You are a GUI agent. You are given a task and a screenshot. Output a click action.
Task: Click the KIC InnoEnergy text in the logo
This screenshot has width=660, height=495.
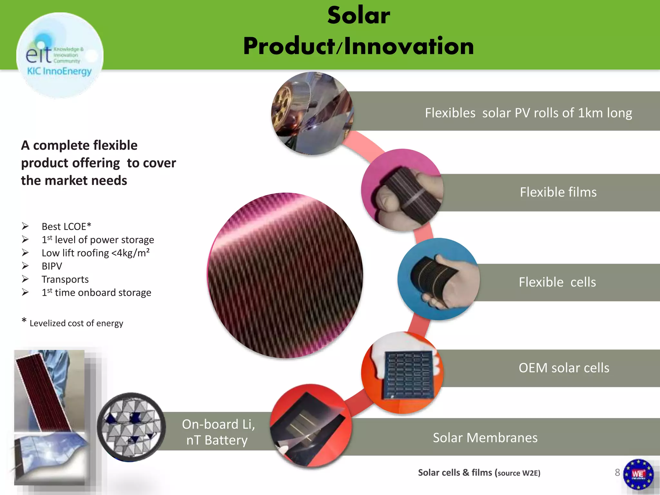coord(59,71)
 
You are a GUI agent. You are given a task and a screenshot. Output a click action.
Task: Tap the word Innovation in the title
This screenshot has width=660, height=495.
coord(409,46)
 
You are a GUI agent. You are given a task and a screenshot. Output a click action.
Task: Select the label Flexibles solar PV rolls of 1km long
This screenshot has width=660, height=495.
coord(528,113)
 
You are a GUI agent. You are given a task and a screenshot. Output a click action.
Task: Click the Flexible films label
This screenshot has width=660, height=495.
coord(558,192)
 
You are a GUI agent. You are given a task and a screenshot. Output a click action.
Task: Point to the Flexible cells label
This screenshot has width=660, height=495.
coord(557,282)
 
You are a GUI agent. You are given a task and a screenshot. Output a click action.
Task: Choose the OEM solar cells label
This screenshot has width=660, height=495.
coord(564,368)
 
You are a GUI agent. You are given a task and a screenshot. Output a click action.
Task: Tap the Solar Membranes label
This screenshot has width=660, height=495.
coord(485,438)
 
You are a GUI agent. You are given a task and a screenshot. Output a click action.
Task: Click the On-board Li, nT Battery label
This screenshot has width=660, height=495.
coord(218,432)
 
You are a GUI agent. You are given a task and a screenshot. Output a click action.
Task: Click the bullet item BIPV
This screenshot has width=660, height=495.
coord(52,266)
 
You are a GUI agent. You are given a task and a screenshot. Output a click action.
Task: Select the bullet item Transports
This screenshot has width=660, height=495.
coord(65,279)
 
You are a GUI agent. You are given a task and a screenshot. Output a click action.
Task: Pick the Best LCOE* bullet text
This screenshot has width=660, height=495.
coord(66,227)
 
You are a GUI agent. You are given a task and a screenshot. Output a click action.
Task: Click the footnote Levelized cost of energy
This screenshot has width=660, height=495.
coord(76,323)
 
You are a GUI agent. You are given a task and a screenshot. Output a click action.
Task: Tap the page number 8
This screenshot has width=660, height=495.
coord(617,472)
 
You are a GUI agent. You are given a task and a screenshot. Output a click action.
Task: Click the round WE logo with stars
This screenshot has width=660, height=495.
coord(638,474)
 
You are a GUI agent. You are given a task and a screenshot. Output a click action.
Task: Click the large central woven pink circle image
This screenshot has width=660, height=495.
coord(286,276)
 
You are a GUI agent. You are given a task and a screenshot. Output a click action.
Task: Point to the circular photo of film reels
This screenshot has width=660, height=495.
coord(312,113)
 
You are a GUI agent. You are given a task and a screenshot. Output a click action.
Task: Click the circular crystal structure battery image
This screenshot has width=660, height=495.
coord(131,427)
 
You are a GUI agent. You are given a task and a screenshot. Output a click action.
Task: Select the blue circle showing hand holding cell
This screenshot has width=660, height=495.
coord(439,279)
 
